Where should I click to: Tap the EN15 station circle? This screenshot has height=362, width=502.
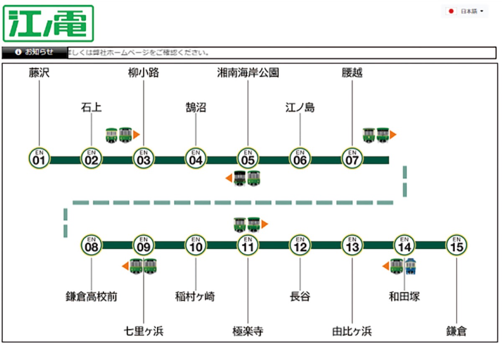coord(456,245)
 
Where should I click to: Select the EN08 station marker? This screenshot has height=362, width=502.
coord(91,245)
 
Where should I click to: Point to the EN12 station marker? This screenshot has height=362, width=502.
coord(300,245)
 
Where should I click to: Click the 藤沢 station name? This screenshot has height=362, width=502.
coord(39,73)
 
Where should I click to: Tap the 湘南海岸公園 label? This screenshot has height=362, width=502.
coord(248,73)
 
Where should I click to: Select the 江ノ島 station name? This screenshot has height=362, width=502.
coord(300,108)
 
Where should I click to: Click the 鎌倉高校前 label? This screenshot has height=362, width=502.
coord(91,297)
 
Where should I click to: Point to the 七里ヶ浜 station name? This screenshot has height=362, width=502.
coord(143,331)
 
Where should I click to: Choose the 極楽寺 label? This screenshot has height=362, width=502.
coord(248,331)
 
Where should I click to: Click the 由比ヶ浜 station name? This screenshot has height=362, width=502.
coord(352,331)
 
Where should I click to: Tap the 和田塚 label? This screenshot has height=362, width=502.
coord(404,297)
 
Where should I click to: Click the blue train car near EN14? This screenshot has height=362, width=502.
coord(411,266)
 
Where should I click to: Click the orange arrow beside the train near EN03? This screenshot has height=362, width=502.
coord(136,135)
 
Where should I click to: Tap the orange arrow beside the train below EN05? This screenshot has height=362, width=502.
coord(229,178)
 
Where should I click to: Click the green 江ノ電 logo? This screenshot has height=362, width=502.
coord(49,23)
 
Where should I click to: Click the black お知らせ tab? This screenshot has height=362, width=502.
coord(34,52)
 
